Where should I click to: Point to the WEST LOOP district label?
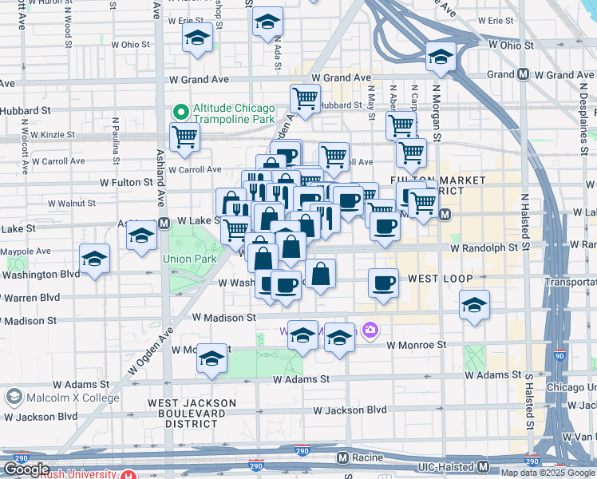441,279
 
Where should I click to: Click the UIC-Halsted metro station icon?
484,466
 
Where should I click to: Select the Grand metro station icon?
524,74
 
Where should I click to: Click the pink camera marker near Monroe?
370,329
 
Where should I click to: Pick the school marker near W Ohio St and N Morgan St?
440,57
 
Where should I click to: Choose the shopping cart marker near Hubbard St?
305,99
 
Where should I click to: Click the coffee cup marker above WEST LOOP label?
384,283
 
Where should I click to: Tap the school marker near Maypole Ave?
94,259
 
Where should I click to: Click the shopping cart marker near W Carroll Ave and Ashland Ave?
184,137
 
